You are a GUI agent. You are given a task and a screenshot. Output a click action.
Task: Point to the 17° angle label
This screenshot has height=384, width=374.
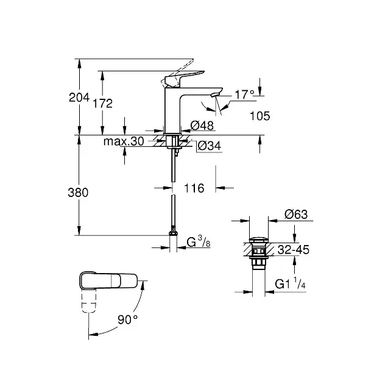(244, 94)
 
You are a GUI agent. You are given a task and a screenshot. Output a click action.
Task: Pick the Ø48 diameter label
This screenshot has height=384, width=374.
(202, 126)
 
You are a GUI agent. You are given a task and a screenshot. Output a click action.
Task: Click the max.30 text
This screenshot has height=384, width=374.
(123, 141)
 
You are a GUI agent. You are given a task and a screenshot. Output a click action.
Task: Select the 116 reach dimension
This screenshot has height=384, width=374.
(194, 188)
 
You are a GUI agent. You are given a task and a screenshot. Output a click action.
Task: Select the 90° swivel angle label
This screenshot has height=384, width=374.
(128, 318)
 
